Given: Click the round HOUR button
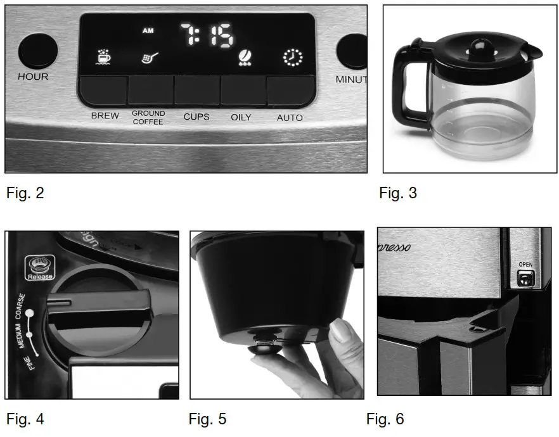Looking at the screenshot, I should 37,51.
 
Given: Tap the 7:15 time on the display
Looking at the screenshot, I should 206,37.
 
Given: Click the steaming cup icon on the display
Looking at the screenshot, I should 101,58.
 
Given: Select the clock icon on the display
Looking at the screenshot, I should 292,58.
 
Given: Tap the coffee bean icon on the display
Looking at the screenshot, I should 243,58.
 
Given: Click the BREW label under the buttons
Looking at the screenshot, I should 105,116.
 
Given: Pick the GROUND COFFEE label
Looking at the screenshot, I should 148,117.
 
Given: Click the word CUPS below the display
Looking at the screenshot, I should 196,117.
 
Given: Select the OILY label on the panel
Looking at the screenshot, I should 241,117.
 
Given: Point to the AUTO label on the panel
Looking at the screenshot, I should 290,118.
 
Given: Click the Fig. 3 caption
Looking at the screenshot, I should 398,193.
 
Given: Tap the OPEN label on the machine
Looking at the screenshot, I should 525,264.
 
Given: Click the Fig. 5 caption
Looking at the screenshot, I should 207,419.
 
